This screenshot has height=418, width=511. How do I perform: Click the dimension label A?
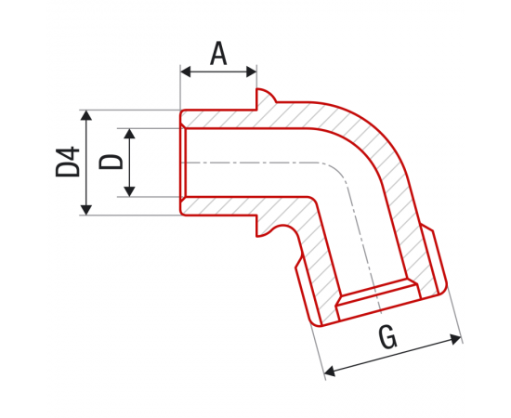(x=218, y=53)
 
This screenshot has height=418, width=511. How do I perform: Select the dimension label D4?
(x=68, y=162)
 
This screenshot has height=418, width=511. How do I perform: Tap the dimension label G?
(x=387, y=337)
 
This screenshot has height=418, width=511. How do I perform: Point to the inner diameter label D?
(x=111, y=162)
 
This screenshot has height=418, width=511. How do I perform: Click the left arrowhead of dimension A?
(x=186, y=72)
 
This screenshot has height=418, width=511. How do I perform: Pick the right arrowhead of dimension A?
(x=252, y=72)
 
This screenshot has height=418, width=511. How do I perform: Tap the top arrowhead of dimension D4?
(x=86, y=116)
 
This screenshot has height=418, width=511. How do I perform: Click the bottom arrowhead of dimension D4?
(x=86, y=210)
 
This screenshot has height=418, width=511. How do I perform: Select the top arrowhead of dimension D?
(x=130, y=134)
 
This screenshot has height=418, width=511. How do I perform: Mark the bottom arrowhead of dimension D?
(x=130, y=191)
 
